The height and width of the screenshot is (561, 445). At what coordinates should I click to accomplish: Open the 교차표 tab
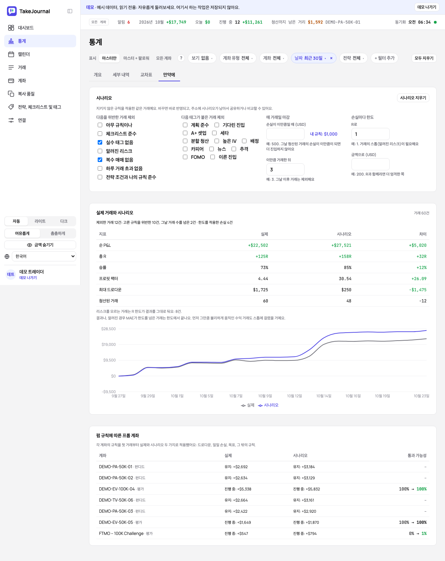[146, 75]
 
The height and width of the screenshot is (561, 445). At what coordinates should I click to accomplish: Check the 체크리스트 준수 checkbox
[100, 134]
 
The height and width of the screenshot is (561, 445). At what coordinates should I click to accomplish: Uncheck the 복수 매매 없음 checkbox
[100, 160]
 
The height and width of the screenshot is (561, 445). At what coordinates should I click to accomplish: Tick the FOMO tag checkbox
[185, 157]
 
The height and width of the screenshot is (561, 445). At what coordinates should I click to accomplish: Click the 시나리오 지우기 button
[413, 98]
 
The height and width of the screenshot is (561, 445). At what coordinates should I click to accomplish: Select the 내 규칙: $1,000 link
[323, 134]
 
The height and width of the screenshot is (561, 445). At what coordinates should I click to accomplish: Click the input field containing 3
[285, 170]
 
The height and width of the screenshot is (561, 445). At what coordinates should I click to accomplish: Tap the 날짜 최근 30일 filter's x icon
[331, 58]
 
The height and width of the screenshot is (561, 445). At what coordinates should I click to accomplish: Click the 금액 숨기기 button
[40, 245]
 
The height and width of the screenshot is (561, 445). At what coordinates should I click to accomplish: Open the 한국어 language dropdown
[44, 256]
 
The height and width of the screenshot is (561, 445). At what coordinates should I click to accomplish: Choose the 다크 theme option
[64, 221]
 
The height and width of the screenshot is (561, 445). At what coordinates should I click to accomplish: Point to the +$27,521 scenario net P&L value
[341, 245]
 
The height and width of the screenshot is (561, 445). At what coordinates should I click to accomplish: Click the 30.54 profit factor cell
[345, 279]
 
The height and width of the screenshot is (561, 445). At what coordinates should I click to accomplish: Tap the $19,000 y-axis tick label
[108, 344]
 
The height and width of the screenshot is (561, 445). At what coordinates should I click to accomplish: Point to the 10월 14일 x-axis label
[324, 396]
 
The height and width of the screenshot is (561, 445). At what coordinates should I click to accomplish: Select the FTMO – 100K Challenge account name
[121, 533]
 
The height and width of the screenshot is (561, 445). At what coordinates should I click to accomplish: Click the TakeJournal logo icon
[12, 11]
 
